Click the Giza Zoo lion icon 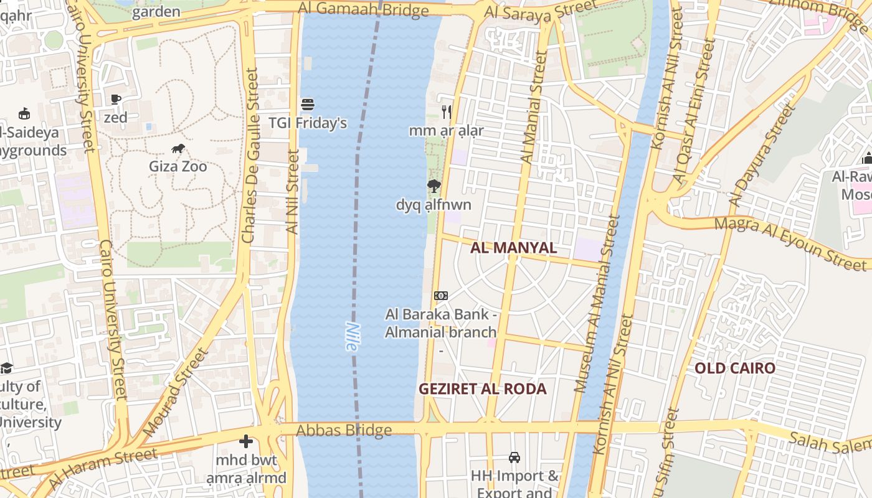178,148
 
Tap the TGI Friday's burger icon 308,104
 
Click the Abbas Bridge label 344,430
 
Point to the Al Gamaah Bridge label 364,9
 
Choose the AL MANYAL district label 513,247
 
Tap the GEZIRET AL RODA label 482,389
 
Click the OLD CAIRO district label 735,368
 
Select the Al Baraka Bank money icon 440,295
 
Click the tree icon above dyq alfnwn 434,186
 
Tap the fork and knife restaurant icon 446,112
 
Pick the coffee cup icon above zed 115,99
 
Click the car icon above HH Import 514,458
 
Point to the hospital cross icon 246,442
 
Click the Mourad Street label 174,392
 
